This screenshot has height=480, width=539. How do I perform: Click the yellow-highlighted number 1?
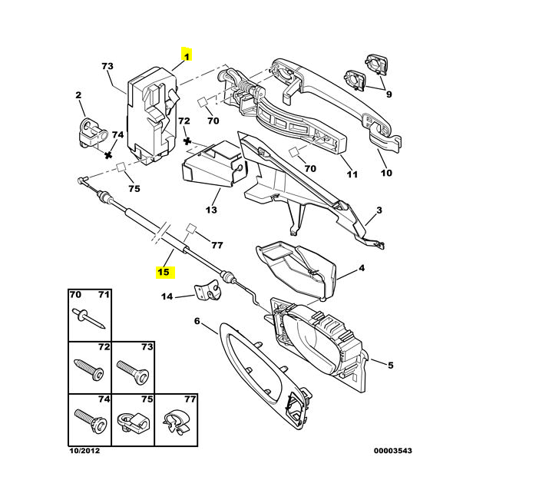187,56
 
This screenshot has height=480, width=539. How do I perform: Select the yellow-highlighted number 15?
164,272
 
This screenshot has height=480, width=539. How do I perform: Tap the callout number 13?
211,210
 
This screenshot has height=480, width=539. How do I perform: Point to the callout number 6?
197,321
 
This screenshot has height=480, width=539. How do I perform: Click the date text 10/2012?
84,450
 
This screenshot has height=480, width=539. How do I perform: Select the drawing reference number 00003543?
393,450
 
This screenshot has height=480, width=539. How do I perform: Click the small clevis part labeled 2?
93,133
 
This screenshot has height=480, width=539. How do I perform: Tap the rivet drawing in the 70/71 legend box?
89,319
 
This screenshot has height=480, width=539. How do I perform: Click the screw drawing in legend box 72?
89,369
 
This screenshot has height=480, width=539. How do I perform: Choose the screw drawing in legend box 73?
133,372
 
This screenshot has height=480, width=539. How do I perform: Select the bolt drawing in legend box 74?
91,421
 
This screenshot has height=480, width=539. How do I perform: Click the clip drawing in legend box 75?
133,422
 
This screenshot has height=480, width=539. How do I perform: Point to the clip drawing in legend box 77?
177,421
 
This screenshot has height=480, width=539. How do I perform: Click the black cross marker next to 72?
187,141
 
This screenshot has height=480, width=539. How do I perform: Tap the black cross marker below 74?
108,155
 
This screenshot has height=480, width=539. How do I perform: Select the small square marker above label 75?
121,167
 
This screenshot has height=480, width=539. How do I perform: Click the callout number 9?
389,94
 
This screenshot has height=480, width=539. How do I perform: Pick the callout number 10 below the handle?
386,173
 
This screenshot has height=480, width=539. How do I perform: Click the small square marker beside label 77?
190,229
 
